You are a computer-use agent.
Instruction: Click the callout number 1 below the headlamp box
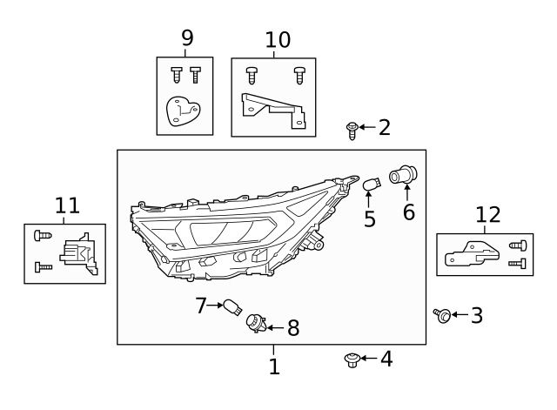click(x=274, y=367)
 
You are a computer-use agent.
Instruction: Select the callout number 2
click(x=384, y=128)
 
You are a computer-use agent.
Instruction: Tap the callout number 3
click(x=476, y=315)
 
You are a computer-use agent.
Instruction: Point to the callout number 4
click(x=386, y=358)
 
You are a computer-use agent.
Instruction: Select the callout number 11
click(x=67, y=206)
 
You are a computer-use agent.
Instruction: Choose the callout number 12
click(x=488, y=215)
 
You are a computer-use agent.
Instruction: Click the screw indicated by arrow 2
click(x=352, y=131)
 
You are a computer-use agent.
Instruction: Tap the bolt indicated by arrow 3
click(x=442, y=315)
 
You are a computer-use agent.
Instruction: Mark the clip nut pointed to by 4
click(x=352, y=359)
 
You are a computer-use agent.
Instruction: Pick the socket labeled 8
click(x=254, y=324)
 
